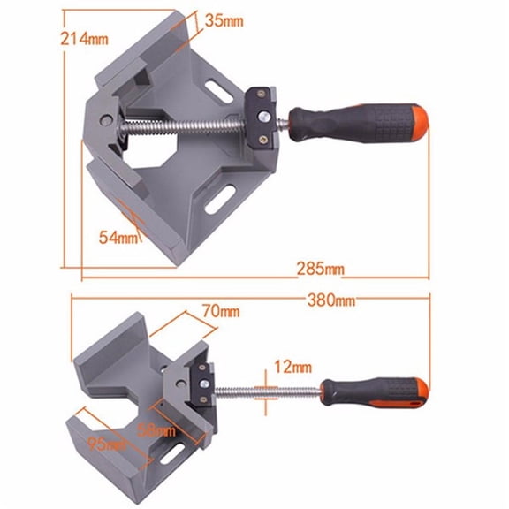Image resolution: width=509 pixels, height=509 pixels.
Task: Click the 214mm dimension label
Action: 34,39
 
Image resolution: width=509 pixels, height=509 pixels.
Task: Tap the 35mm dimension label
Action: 225,19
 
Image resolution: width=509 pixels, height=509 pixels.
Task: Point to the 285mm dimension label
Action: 320,268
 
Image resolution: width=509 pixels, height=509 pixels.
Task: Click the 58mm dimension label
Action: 157,430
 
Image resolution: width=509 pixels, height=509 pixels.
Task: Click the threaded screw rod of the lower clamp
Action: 265,390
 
